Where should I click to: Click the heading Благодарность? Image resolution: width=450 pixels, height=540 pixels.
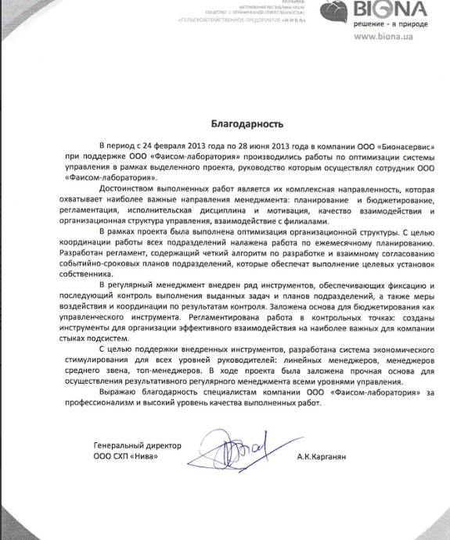tap(247, 124)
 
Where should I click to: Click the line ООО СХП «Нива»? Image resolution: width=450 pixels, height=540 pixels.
tap(120, 456)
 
